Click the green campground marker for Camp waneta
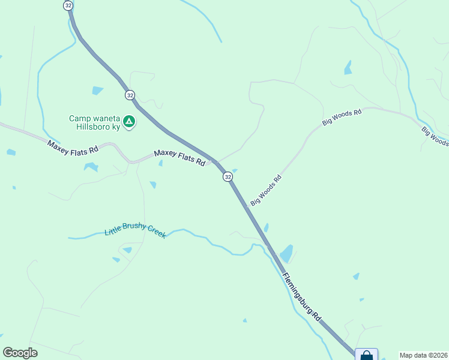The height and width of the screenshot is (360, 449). (x=128, y=122)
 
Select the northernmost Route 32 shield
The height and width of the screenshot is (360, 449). (x=68, y=5)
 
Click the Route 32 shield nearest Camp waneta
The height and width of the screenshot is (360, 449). (x=130, y=95)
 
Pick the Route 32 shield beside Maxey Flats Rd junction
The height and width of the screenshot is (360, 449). (x=228, y=176)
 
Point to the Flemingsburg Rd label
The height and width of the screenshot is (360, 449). (x=303, y=296)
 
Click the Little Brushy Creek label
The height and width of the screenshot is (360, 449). (x=135, y=230)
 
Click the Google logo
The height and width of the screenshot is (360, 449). (x=20, y=352)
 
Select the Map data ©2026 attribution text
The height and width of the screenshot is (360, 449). (x=423, y=355)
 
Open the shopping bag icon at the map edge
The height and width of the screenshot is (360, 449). (x=366, y=355)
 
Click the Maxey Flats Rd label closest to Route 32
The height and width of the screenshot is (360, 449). (x=179, y=157)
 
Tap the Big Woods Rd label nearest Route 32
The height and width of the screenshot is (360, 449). (x=267, y=190)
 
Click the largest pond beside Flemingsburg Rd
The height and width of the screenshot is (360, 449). (x=286, y=253)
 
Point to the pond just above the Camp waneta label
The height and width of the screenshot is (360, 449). (x=97, y=91)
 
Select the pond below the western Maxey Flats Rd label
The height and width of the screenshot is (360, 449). (x=91, y=166)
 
